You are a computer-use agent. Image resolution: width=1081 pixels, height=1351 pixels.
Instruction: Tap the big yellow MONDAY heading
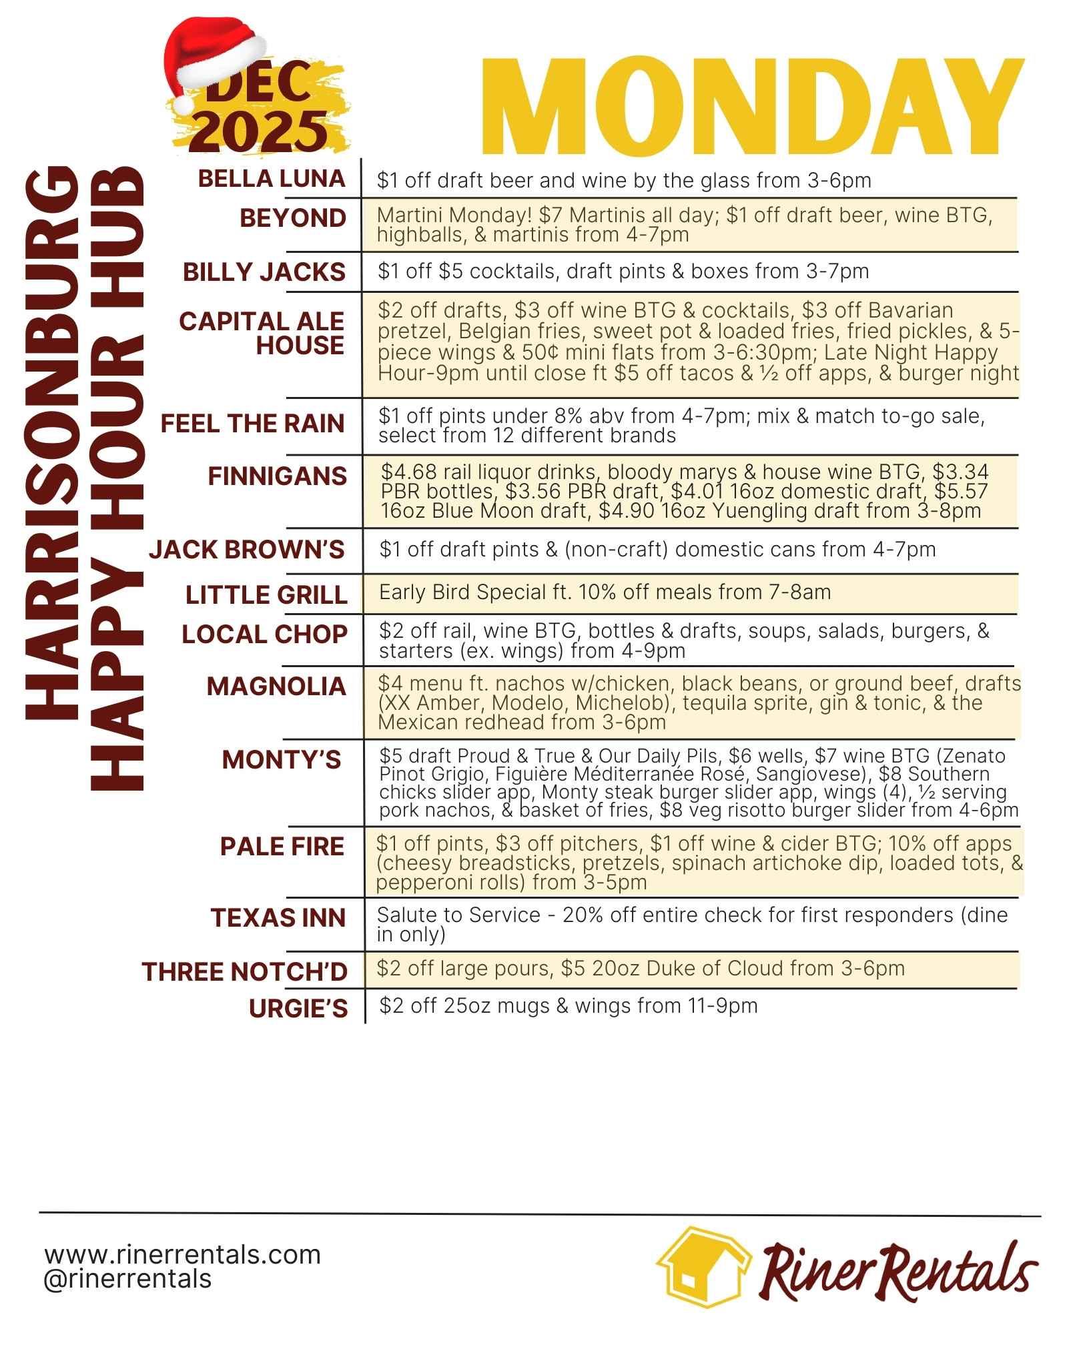752,107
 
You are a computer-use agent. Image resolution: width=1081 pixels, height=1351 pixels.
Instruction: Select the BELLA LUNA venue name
272,179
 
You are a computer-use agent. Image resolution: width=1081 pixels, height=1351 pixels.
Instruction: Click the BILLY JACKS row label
264,272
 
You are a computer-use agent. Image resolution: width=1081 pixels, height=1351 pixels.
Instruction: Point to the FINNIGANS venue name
277,476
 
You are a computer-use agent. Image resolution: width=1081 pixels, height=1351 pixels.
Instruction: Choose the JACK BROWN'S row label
247,550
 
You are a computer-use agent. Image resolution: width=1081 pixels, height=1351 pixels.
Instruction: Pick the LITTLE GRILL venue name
266,595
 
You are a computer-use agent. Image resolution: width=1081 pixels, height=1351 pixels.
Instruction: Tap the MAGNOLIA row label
276,687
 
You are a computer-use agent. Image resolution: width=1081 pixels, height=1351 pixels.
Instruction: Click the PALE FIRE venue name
282,847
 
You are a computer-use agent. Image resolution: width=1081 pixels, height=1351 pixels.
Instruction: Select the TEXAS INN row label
278,918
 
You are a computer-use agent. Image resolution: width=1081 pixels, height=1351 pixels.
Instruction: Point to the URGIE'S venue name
298,1009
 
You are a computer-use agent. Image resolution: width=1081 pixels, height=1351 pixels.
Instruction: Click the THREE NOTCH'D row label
244,972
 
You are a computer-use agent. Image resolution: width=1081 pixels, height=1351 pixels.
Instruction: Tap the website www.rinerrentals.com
183,1255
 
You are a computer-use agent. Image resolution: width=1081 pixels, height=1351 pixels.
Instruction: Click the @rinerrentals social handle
127,1280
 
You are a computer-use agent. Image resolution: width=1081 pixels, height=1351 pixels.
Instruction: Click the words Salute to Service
458,915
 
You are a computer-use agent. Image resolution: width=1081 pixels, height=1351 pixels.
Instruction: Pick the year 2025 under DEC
259,131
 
